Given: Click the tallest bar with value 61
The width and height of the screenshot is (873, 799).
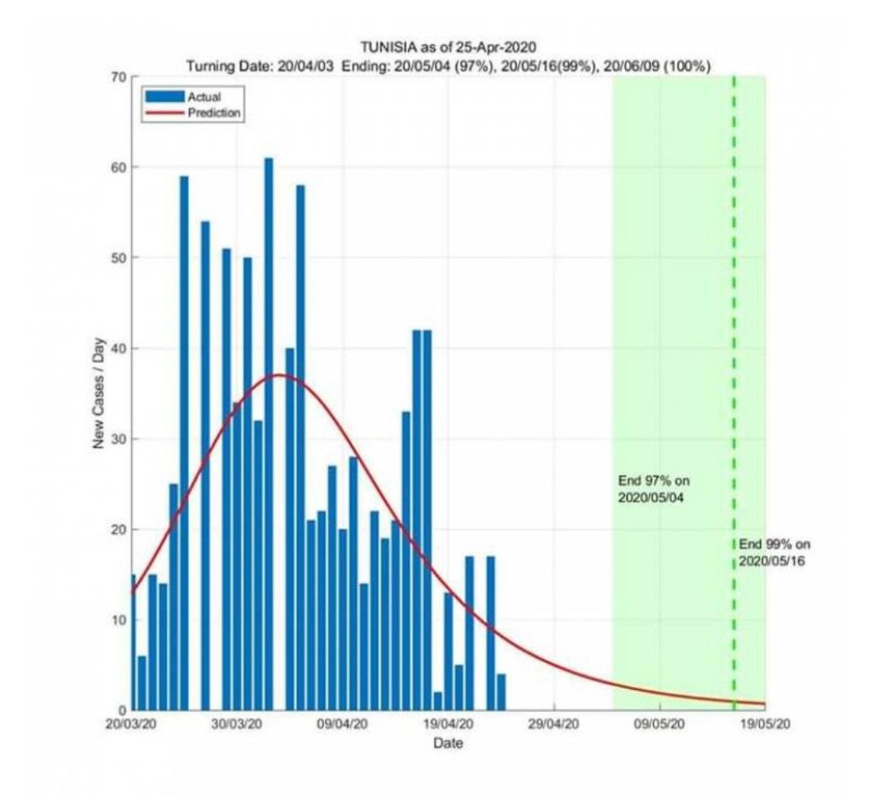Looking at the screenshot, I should [269, 432].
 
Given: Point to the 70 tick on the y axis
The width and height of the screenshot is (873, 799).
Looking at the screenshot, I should [117, 77].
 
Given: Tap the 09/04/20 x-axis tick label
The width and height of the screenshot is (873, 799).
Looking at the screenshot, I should [343, 724].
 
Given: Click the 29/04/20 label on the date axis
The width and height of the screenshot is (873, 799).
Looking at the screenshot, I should [554, 724].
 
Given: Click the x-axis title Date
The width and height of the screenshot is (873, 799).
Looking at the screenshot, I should [448, 743].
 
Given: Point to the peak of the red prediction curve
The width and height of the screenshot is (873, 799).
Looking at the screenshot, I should [279, 375].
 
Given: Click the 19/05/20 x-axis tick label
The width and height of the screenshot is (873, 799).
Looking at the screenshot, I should [765, 724].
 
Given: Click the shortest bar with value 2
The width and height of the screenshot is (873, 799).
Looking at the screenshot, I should [438, 701].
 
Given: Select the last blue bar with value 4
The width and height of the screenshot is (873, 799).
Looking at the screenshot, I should [501, 692].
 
